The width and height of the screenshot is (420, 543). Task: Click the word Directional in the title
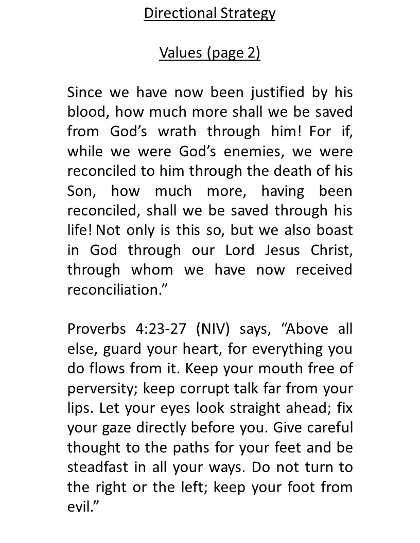(174, 13)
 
